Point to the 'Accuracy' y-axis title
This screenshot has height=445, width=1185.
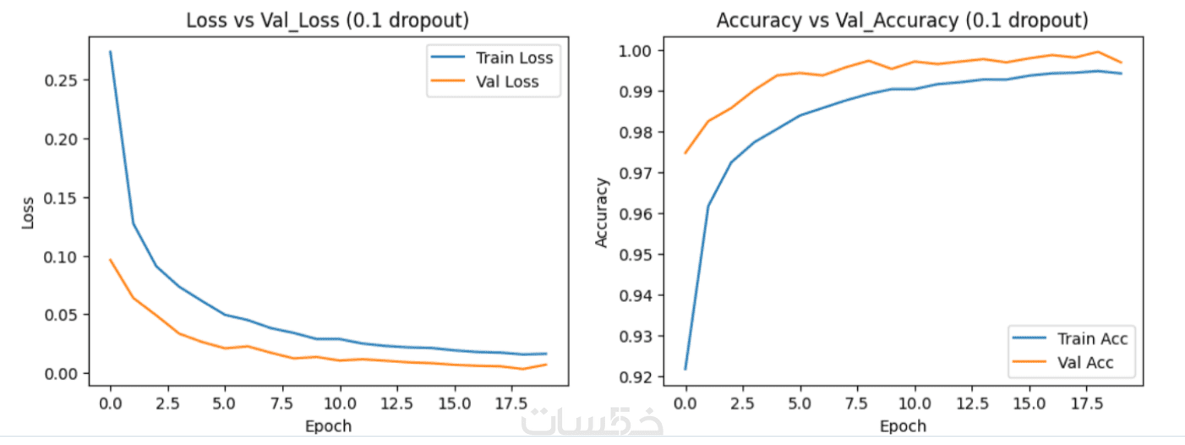pyautogui.click(x=602, y=212)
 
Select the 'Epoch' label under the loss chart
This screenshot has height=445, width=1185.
pyautogui.click(x=328, y=426)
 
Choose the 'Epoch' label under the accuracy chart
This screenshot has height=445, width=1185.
pyautogui.click(x=903, y=426)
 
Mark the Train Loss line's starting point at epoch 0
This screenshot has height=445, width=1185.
pyautogui.click(x=110, y=52)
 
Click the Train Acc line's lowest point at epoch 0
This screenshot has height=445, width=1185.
pyautogui.click(x=685, y=369)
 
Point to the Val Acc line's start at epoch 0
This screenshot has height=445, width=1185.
pyautogui.click(x=685, y=153)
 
